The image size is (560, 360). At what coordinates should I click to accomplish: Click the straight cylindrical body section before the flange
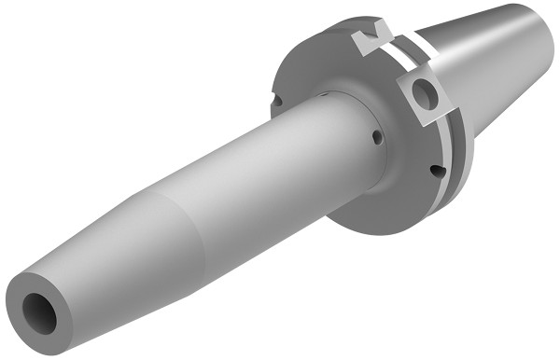271,168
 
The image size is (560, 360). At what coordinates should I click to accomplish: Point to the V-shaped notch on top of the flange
376,36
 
